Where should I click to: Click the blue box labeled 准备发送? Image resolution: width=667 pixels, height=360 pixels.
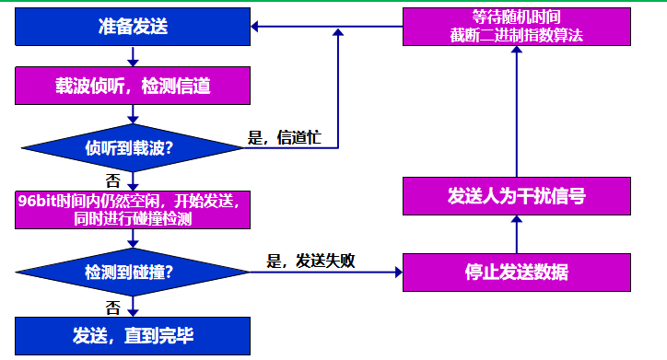[x=133, y=27]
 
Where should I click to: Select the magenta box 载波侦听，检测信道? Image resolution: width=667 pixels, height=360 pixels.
[x=133, y=87]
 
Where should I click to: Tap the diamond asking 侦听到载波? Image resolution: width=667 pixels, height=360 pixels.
[x=133, y=148]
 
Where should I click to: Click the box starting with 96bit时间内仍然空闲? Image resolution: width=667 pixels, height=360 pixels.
[x=133, y=209]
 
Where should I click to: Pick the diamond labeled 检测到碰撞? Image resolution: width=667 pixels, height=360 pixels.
[x=133, y=273]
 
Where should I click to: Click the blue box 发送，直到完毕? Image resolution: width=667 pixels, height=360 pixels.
[x=133, y=334]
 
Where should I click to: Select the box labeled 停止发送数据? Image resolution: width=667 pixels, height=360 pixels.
[x=516, y=273]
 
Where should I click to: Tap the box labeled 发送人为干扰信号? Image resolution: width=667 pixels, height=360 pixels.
[x=516, y=196]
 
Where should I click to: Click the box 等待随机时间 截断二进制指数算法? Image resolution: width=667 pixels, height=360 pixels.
[x=516, y=27]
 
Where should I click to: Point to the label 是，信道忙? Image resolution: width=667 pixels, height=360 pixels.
[x=283, y=138]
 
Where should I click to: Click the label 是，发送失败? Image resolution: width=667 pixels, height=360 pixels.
[x=310, y=261]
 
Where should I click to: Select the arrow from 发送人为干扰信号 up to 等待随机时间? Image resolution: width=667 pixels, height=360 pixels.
[x=516, y=110]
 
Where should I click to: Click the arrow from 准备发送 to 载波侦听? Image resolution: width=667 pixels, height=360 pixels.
[x=133, y=56]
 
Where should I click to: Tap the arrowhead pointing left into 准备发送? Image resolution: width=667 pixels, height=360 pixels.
[x=259, y=27]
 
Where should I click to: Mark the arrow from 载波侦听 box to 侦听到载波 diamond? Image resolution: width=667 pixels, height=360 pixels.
[x=133, y=115]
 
